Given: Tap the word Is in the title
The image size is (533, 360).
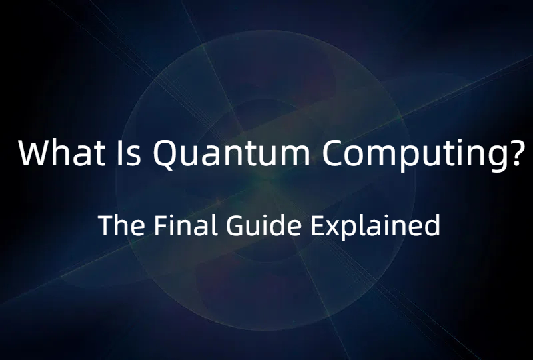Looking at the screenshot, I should pos(123,153).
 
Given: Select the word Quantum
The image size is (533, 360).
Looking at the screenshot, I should pos(231,154).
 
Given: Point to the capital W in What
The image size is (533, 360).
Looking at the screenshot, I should pos(35,153).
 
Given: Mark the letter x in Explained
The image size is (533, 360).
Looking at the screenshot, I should pos(332,229).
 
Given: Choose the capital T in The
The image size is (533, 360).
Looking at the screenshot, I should pos(105,226).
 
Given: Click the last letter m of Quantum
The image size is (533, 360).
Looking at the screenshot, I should pos(296,157).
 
